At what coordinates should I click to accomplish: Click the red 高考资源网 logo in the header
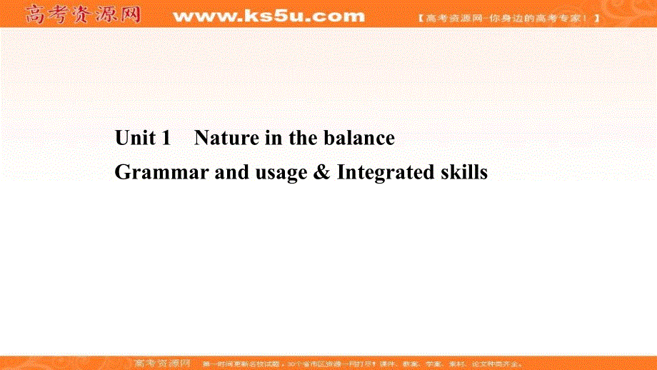(83, 15)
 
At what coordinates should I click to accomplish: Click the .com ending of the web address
(338, 16)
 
